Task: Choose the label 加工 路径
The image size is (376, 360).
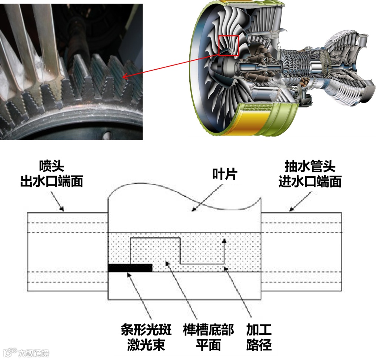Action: pyautogui.click(x=259, y=337)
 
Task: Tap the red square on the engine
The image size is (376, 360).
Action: pyautogui.click(x=228, y=45)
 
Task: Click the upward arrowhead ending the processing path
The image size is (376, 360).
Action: pyautogui.click(x=224, y=241)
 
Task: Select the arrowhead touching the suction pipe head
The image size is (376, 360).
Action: pyautogui.click(x=290, y=210)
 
